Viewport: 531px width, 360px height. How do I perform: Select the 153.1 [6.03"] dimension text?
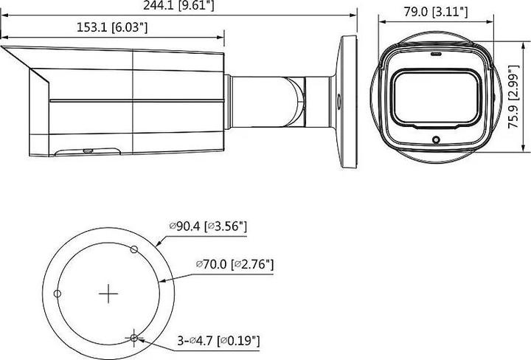coord(112,27)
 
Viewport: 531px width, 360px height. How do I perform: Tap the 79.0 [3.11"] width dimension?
coord(434,11)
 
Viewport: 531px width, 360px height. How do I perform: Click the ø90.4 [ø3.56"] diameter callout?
coord(207,225)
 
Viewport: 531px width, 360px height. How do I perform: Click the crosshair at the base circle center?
coord(108,294)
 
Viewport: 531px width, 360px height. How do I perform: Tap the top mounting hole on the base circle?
coord(133,249)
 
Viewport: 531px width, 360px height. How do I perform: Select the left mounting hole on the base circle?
coord(58,294)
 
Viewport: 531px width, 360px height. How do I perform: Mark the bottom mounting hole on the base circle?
coord(133,338)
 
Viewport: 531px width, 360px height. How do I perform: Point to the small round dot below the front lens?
coord(435,139)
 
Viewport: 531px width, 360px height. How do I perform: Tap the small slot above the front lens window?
coord(435,54)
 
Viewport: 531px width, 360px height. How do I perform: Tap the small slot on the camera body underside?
coord(87,150)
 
